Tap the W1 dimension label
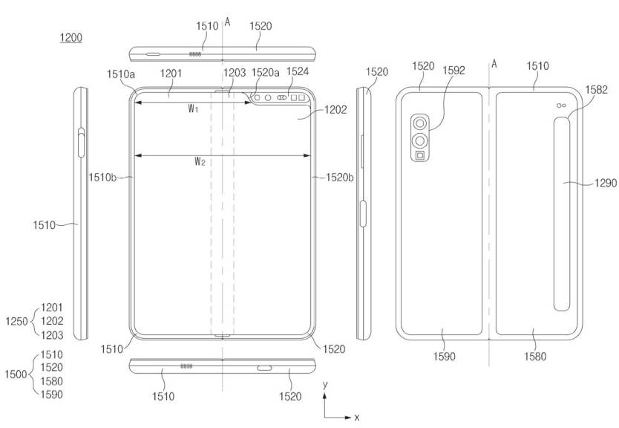[193, 109]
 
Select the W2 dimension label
[200, 161]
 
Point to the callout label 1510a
[121, 74]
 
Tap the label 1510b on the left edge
[103, 178]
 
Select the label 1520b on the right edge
[339, 178]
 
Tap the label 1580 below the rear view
[534, 357]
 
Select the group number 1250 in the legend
[15, 321]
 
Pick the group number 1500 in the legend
[15, 374]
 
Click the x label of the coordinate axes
[357, 418]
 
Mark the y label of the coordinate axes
[325, 385]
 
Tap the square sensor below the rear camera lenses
[421, 156]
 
